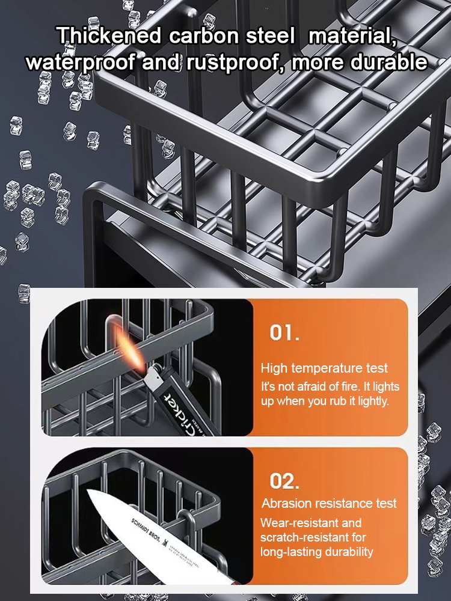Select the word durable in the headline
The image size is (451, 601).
coord(388,62)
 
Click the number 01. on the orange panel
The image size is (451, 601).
coord(284,334)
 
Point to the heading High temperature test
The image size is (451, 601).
coord(324,368)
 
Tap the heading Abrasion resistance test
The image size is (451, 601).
coord(329,503)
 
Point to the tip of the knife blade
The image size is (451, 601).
coord(90,495)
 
